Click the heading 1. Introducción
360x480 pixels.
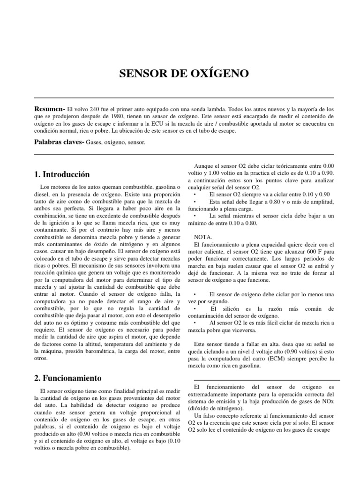pos(62,174)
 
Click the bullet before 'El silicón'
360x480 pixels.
pos(195,309)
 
